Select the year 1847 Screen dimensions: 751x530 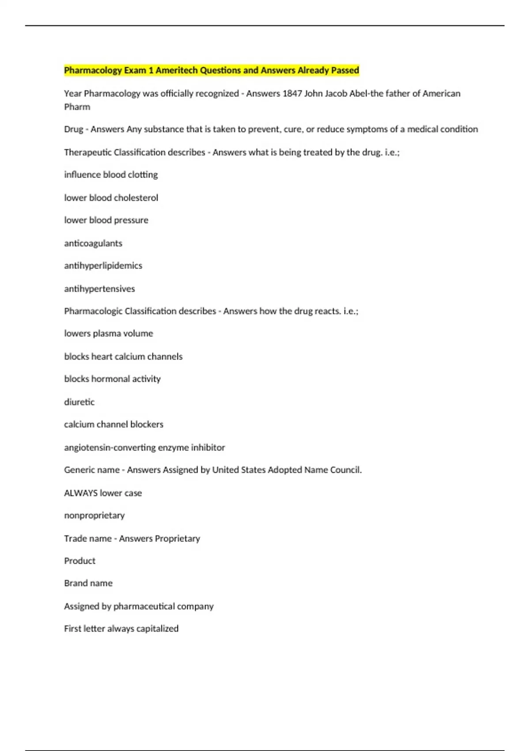pos(292,94)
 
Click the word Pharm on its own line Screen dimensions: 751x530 pos(77,107)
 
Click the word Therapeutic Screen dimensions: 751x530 pos(87,152)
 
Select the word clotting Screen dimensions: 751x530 pos(143,175)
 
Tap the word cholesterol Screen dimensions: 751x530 pos(136,198)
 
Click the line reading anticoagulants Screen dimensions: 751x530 pos(93,243)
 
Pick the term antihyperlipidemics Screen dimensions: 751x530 pos(103,266)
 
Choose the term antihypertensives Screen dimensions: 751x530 pos(99,289)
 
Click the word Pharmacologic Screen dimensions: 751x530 pos(93,311)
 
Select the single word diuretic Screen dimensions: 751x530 pos(79,402)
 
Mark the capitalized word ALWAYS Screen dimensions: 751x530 pos(81,493)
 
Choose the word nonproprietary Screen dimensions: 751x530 pos(95,516)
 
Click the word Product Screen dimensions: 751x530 pos(79,561)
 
